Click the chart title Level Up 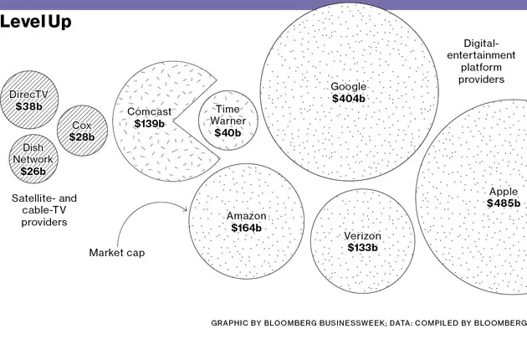click(36, 23)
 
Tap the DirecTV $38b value click(28, 106)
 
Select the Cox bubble click(82, 130)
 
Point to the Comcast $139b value click(149, 123)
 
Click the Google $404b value click(349, 99)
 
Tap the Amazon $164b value click(246, 228)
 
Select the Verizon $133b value click(362, 248)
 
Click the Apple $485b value click(504, 203)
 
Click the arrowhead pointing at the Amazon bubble click(184, 211)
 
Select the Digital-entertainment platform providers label click(481, 61)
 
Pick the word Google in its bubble click(349, 86)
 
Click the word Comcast click(149, 111)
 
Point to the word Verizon click(362, 236)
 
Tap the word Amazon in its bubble click(246, 216)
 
